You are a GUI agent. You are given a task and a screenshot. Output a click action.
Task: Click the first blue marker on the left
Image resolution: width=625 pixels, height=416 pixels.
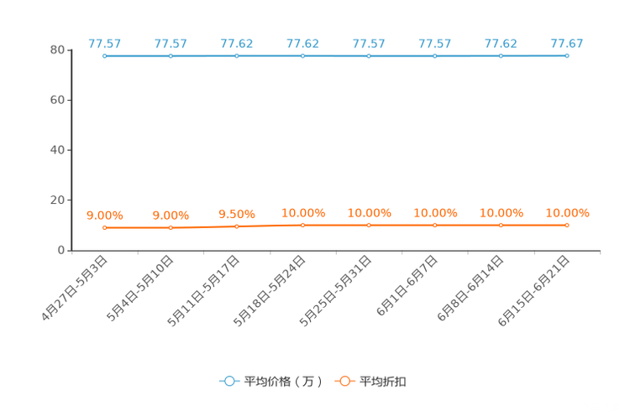pos(105,56)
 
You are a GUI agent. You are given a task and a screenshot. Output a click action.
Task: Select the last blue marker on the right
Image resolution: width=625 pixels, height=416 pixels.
pos(567,56)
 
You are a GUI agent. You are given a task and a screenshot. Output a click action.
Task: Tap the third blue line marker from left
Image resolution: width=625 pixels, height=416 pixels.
pos(237,56)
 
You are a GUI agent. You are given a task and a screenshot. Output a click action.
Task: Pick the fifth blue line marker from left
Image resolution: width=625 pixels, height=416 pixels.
pos(369,56)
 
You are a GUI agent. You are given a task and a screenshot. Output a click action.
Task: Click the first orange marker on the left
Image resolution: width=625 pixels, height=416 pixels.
pos(105,228)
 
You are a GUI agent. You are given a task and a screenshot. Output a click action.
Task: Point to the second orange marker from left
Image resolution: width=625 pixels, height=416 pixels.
pos(171,228)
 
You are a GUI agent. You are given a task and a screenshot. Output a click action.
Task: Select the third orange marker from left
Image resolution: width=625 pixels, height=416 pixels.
pos(237,226)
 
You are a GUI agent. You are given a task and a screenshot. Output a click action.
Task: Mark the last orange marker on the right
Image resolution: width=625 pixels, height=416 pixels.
pos(567,226)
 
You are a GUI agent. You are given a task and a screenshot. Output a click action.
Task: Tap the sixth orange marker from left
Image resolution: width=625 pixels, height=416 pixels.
pos(435,226)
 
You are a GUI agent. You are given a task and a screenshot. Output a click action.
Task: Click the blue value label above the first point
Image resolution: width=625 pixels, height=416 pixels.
pos(105,44)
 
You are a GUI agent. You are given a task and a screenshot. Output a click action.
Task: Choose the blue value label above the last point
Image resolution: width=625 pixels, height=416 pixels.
pos(567,44)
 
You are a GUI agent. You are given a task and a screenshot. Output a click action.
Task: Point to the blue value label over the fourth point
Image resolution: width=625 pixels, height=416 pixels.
pos(303,44)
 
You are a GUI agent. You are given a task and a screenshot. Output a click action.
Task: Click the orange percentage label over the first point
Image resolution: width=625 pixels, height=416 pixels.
pos(105,216)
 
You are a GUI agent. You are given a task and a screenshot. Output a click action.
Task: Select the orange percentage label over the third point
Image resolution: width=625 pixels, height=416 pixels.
pos(237,215)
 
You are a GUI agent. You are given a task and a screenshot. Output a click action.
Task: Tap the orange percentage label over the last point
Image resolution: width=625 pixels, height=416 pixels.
pos(567,213)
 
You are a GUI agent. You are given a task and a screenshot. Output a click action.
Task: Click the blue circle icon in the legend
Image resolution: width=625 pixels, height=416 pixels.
pos(228,381)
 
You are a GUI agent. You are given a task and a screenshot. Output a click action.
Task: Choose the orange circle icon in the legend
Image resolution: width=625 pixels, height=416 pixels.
pos(344,381)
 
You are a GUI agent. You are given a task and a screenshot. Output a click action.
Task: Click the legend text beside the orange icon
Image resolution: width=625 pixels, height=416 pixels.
pos(383,382)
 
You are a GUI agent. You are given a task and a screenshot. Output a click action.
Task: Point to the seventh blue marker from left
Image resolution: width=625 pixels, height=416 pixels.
pos(502,56)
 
